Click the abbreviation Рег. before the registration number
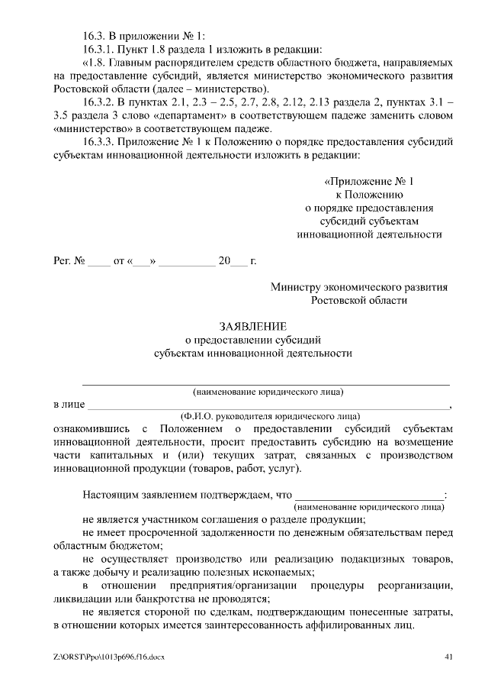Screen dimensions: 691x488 click(61, 261)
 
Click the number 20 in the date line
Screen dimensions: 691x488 click(224, 261)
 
